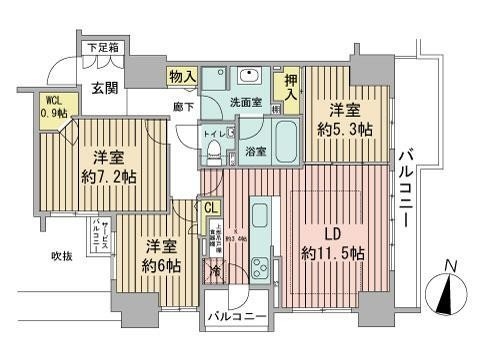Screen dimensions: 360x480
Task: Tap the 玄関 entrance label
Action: (106, 87)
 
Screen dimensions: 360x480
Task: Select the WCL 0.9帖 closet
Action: (54, 106)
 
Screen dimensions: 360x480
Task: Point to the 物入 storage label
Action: (181, 77)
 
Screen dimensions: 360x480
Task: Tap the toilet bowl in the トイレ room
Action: (214, 153)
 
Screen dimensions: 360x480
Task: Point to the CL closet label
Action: (211, 207)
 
